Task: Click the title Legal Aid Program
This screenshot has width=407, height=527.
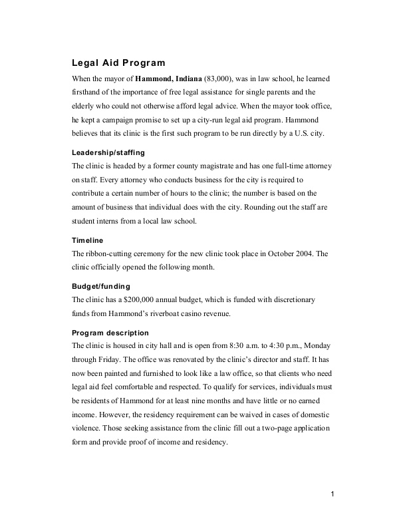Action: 118,63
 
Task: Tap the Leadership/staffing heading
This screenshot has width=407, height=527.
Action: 108,152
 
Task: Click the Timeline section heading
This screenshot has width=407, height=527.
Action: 88,240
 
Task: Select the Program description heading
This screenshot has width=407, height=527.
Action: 110,332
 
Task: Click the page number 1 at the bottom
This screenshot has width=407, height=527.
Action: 331,494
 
